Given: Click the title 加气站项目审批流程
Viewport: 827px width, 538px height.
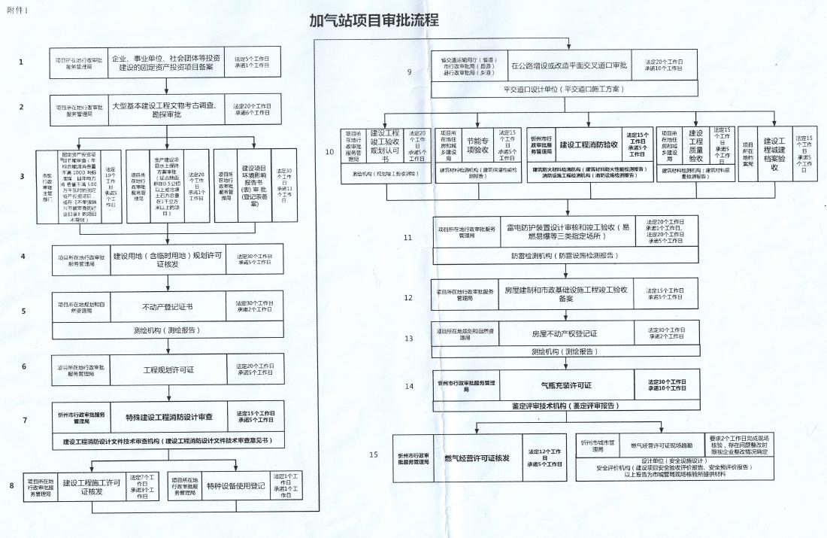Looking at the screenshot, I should (x=374, y=20).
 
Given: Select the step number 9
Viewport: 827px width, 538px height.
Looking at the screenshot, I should (x=409, y=72).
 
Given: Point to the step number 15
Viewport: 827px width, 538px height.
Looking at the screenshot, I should (x=374, y=454).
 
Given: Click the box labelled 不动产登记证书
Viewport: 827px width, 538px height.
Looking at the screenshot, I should (x=168, y=307).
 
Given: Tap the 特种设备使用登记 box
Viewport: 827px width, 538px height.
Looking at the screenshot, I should (x=237, y=485).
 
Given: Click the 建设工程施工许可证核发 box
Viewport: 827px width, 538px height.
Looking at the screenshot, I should (x=92, y=487).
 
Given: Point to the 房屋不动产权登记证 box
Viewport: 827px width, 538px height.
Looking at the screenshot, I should (x=564, y=333).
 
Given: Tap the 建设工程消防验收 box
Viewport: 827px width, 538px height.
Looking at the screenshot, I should (x=589, y=144).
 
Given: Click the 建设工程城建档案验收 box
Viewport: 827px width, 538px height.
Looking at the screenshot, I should (x=774, y=153).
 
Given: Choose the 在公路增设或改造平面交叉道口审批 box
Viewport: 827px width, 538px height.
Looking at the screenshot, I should (x=568, y=65).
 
